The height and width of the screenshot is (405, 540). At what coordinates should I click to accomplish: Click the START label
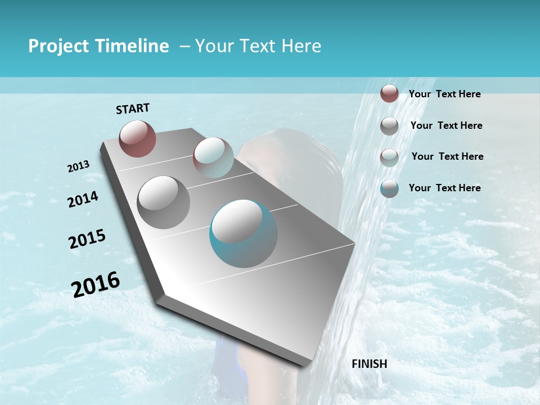(x=133, y=109)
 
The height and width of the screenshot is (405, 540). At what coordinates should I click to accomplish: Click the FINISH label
(x=369, y=364)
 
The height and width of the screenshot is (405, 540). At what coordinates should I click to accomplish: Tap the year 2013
(x=78, y=166)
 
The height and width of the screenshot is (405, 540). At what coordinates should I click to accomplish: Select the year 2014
(x=83, y=200)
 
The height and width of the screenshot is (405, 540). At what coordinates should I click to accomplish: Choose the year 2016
(x=96, y=284)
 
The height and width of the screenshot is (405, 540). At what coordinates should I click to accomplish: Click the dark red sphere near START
(x=137, y=138)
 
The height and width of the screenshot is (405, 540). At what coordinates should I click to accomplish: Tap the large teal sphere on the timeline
(x=243, y=233)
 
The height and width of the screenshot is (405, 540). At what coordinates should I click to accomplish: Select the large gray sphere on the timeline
(x=163, y=202)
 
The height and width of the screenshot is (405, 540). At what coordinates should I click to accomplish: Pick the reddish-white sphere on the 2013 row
(x=213, y=157)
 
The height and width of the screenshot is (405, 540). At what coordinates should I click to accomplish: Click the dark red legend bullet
(x=389, y=93)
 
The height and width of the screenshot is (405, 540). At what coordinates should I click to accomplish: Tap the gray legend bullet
(x=389, y=126)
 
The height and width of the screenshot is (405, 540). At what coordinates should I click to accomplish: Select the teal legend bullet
(x=389, y=188)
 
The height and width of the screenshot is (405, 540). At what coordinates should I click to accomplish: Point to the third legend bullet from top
(x=389, y=157)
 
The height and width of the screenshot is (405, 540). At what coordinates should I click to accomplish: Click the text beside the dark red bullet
(x=444, y=94)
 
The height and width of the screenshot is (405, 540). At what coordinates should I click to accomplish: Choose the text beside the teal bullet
(x=444, y=188)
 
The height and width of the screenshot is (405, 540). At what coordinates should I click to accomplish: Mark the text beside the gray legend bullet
(x=446, y=125)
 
